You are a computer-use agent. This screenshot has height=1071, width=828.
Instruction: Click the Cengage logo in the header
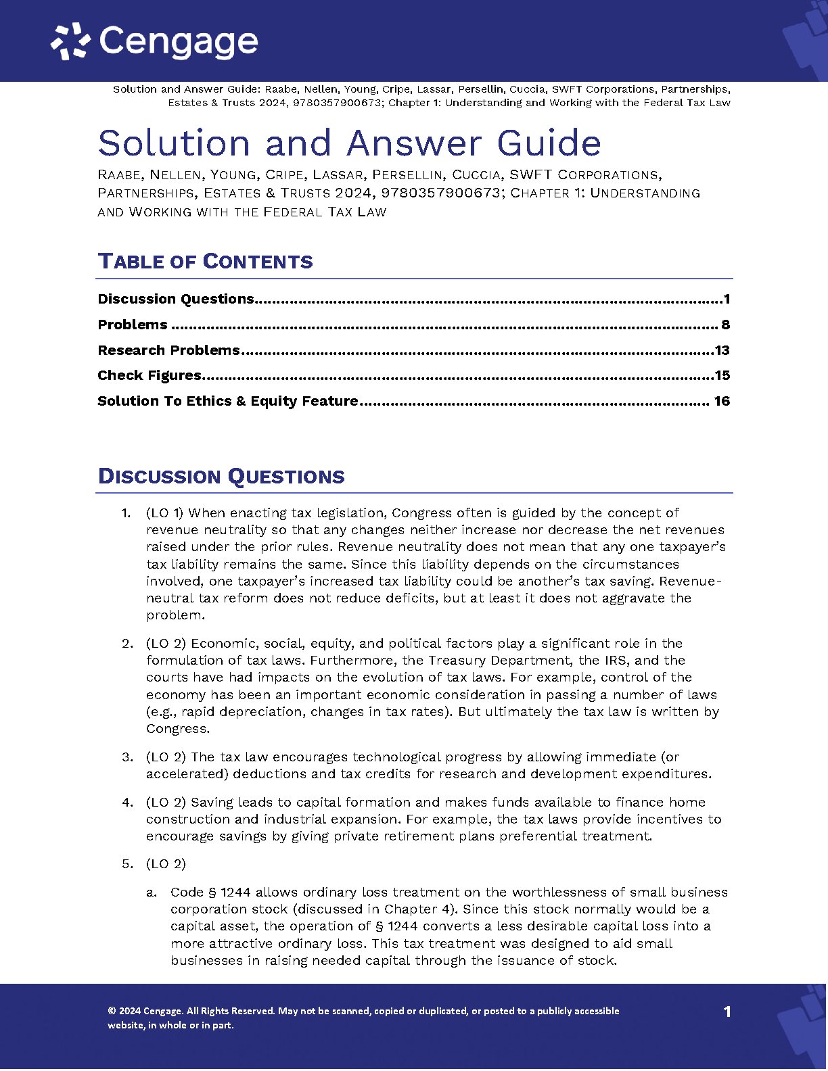[154, 41]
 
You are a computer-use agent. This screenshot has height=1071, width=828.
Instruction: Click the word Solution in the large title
[175, 143]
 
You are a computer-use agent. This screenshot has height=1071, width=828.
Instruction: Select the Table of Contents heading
[205, 262]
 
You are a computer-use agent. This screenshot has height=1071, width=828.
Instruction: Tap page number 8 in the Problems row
[725, 325]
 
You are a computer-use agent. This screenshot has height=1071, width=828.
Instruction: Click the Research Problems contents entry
[168, 350]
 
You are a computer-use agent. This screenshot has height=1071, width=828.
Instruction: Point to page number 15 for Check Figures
[722, 375]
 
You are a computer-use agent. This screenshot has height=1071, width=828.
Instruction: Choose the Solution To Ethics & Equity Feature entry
[227, 401]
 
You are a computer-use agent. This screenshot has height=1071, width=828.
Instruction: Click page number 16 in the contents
[722, 401]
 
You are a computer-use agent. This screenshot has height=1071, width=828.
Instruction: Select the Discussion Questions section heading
[221, 477]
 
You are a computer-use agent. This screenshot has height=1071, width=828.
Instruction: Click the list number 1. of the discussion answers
[126, 513]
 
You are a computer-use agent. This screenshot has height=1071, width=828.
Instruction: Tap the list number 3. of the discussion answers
[127, 757]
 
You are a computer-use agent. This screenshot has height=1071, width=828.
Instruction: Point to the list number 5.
[127, 864]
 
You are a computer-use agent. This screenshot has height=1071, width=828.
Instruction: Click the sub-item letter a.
[152, 892]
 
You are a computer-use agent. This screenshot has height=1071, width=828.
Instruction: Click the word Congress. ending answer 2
[178, 729]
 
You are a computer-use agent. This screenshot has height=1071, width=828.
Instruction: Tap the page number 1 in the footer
[727, 1011]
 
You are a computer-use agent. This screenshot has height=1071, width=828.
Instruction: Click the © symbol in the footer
[112, 1011]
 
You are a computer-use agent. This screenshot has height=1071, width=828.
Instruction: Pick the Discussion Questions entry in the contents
[176, 299]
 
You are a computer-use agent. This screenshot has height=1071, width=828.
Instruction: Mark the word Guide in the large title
[549, 143]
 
